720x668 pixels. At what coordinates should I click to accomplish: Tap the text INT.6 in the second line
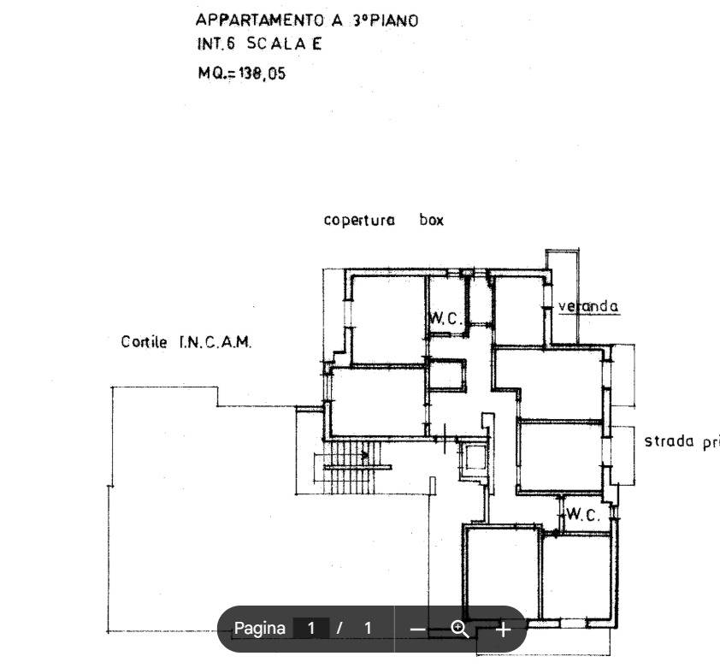tap(214, 44)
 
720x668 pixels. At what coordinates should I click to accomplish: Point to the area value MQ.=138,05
tap(242, 74)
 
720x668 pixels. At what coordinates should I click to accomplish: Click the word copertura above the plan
tap(359, 220)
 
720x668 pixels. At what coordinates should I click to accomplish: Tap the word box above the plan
tap(432, 220)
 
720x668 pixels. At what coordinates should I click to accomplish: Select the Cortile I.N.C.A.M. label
tap(186, 342)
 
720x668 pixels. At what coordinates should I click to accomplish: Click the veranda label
tap(588, 306)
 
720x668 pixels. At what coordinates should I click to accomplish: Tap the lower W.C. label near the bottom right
tap(583, 516)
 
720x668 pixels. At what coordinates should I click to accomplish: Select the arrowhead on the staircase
tap(366, 455)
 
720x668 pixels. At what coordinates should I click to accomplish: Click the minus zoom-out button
tap(417, 630)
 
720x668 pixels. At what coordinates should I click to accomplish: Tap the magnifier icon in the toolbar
tap(460, 630)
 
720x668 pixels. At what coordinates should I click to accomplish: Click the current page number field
tap(311, 629)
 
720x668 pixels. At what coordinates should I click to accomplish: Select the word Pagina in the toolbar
tap(259, 629)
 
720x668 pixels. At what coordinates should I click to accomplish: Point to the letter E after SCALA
tap(316, 44)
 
